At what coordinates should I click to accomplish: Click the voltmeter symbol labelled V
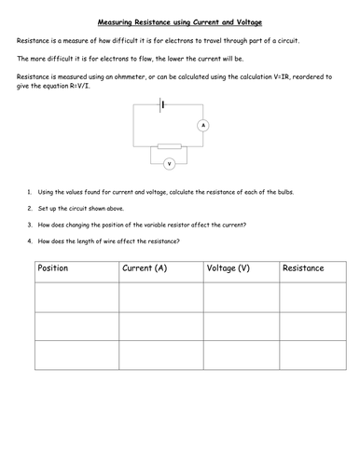169,163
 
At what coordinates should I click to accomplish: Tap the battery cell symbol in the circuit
164,105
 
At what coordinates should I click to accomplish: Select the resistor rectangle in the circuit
169,146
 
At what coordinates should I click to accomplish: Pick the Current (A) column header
145,268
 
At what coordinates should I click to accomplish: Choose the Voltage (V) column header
227,268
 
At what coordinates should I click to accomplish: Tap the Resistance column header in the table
303,268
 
